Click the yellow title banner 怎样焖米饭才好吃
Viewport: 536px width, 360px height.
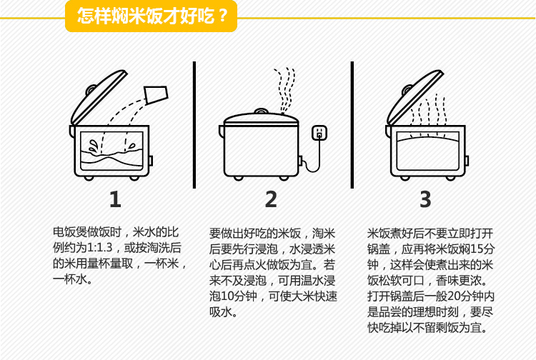(x=151, y=16)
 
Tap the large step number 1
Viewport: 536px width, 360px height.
(x=115, y=199)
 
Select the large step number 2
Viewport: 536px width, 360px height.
(x=271, y=199)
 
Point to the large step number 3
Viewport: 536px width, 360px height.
(x=426, y=199)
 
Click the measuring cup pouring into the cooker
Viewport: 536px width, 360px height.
(x=156, y=95)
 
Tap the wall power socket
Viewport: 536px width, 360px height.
(x=319, y=133)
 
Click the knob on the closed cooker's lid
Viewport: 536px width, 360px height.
(x=261, y=111)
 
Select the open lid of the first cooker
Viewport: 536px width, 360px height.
(x=99, y=96)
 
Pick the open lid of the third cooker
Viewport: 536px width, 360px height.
(x=415, y=96)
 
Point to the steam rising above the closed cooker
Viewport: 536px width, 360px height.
(x=284, y=90)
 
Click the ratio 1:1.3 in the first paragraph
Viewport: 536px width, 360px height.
(x=100, y=247)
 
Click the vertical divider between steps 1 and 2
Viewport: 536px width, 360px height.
(x=194, y=125)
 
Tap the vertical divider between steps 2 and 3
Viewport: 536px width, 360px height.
(x=352, y=125)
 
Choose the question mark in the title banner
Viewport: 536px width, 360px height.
(x=223, y=16)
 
